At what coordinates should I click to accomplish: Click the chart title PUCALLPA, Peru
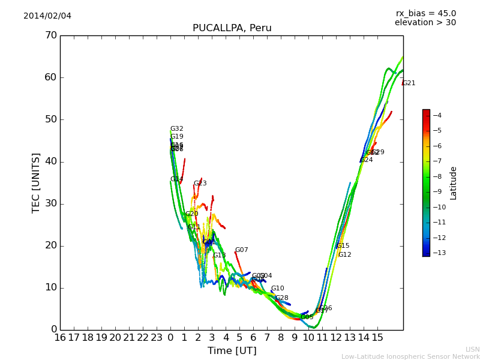tap(232, 28)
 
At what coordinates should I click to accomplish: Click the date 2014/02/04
tap(47, 16)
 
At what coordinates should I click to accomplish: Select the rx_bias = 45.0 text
tap(425, 13)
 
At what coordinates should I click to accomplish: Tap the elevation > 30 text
tap(425, 23)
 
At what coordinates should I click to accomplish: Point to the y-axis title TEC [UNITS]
tap(36, 182)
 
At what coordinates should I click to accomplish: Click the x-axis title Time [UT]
tap(232, 350)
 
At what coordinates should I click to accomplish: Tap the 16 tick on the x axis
tap(60, 337)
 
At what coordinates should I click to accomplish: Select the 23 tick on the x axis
tap(157, 337)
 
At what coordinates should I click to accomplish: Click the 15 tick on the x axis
tap(377, 337)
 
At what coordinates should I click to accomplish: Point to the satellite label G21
tap(409, 83)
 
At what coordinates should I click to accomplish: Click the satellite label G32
tap(176, 129)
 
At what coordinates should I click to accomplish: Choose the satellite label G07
tap(241, 250)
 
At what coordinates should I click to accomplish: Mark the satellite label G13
tap(219, 256)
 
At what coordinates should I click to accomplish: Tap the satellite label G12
tap(344, 255)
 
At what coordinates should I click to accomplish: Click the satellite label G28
tap(281, 298)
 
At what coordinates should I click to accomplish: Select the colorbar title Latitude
tap(454, 182)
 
